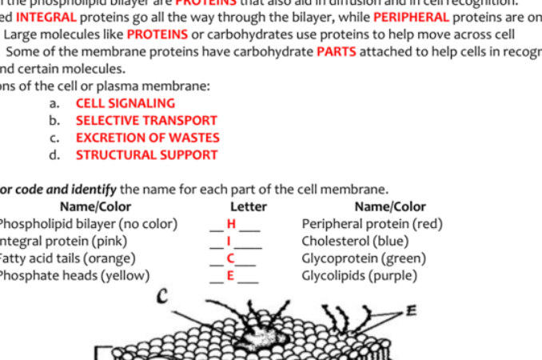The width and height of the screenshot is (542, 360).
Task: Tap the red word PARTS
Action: pos(337,52)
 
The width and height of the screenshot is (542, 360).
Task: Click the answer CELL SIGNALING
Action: pos(125,103)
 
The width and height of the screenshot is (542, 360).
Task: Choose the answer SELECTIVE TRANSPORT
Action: pos(146,121)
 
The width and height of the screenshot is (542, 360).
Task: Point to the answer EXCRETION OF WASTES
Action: pos(147,138)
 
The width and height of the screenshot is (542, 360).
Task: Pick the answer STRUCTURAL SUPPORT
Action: pos(146,155)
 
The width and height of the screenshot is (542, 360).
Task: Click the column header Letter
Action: pos(248,207)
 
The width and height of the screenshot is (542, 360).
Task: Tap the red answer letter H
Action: pos(232,224)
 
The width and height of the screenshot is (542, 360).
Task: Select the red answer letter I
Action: pos(229,241)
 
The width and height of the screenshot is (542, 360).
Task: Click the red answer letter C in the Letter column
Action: pos(231,258)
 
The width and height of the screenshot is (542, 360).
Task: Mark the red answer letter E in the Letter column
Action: pos(231,276)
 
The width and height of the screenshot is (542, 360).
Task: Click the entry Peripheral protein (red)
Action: pos(372,224)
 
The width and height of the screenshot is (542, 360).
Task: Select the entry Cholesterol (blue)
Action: pos(355,241)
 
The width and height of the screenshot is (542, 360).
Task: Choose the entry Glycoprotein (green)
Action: pos(363,258)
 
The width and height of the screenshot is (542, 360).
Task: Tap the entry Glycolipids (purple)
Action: pos(359,276)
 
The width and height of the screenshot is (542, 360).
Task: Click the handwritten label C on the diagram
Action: pos(161,298)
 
